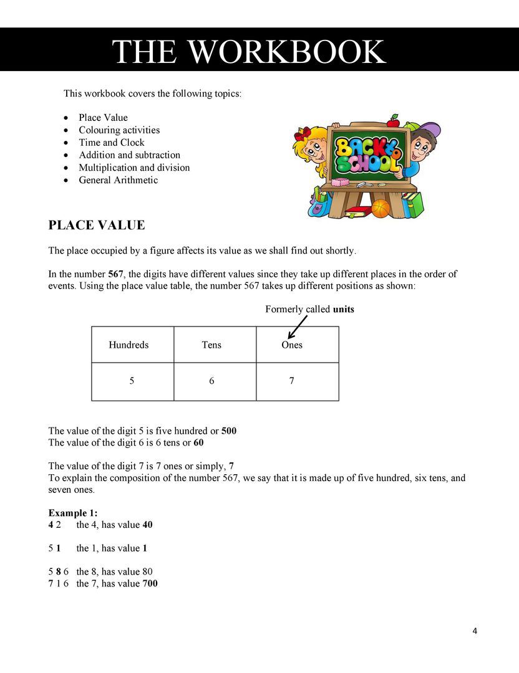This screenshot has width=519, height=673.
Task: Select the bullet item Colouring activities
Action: (119, 130)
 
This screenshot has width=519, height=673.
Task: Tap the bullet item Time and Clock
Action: (111, 143)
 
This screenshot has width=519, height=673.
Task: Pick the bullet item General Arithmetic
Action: (118, 180)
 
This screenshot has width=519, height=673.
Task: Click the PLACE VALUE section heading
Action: (97, 226)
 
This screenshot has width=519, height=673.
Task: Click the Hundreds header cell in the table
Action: (129, 345)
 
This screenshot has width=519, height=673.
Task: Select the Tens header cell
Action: (211, 345)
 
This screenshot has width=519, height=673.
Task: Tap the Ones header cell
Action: (292, 345)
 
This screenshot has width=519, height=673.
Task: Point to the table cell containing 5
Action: (132, 381)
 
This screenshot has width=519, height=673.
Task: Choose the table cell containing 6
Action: (212, 381)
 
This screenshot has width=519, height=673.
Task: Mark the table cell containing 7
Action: (292, 381)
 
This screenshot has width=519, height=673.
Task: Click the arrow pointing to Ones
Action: (298, 327)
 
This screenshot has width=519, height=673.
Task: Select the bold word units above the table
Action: (344, 309)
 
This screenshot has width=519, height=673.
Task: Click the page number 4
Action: (475, 631)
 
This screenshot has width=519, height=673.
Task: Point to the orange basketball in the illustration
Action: (380, 208)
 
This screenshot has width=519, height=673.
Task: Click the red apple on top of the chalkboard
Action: (393, 120)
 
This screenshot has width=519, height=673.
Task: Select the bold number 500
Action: (229, 431)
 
